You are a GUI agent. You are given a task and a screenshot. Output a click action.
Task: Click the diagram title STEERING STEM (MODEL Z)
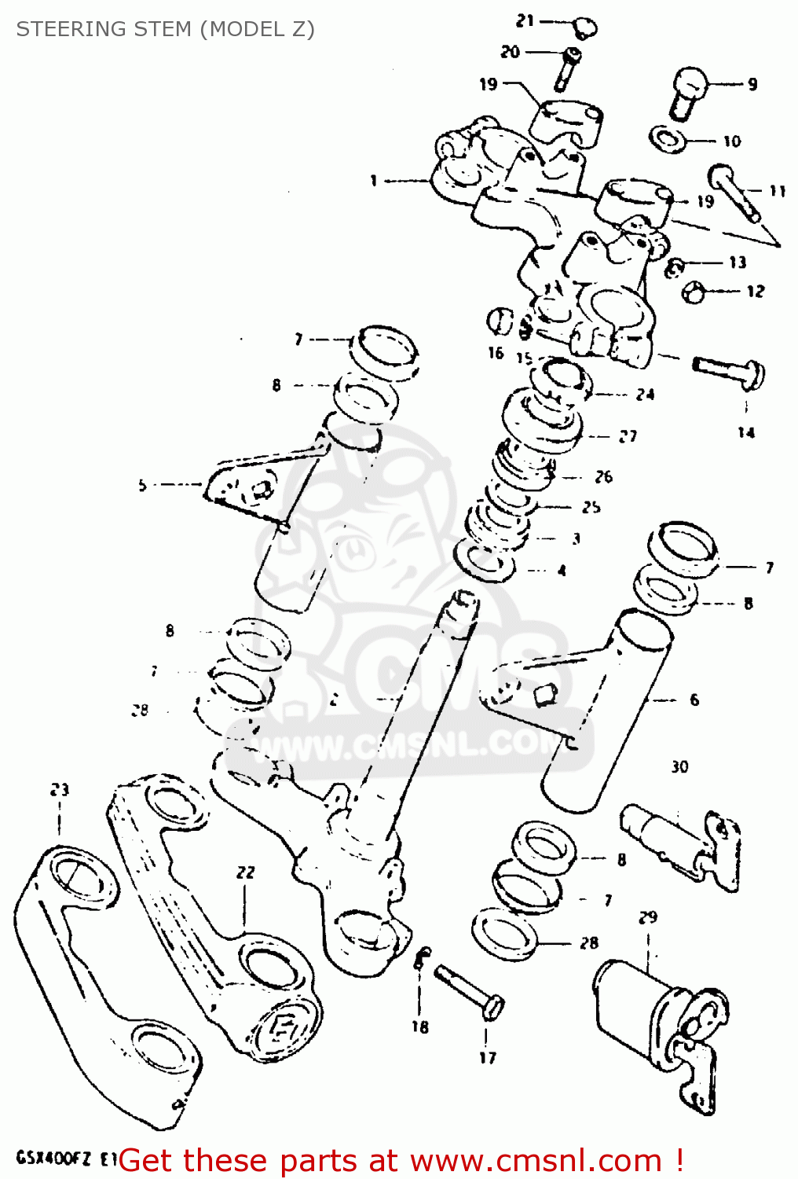pos(165,29)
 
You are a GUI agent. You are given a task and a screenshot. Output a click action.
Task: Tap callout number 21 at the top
pos(525,21)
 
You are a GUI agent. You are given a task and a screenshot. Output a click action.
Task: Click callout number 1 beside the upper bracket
pos(374,182)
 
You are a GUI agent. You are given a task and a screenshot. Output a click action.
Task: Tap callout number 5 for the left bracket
pos(142,485)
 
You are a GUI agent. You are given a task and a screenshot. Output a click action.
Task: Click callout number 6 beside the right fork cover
pos(694,700)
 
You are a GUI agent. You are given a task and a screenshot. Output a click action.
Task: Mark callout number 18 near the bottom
pos(420,1027)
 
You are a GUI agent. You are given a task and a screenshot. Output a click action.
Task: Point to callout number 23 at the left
pos(60,789)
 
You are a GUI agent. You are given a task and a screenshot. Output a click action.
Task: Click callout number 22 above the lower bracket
pos(246,872)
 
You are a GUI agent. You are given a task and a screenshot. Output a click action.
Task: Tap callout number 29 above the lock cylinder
pos(648,916)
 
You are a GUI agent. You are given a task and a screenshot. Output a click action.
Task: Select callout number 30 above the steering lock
pos(679,766)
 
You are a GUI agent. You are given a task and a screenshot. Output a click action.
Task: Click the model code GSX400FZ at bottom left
pos(54,1158)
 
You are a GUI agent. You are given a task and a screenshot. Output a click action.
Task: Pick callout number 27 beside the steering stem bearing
pos(628,436)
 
